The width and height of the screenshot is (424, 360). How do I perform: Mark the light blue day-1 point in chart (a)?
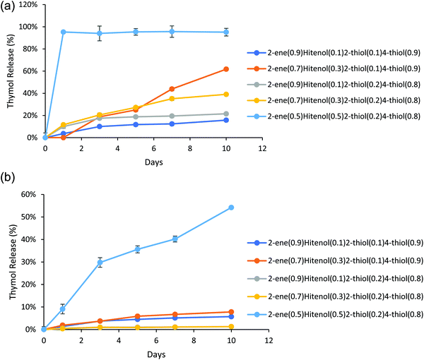pyautogui.click(x=64, y=32)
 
